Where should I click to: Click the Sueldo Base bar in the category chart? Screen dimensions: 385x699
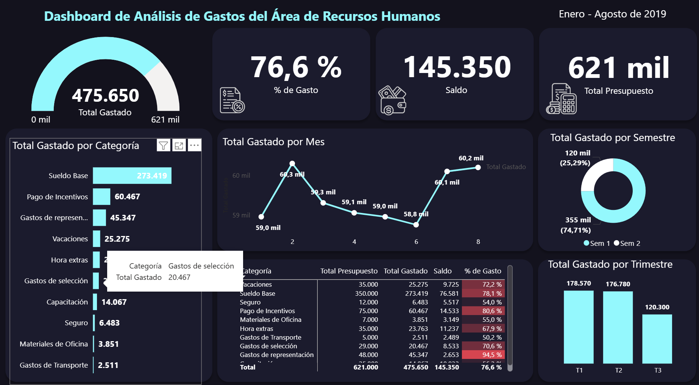[x=132, y=175]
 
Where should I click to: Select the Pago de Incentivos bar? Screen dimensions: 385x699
[x=101, y=197]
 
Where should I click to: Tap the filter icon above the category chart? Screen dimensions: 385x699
[x=163, y=146]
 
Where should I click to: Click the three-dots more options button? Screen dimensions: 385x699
[x=194, y=145]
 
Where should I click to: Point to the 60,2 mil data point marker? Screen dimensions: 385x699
[x=478, y=167]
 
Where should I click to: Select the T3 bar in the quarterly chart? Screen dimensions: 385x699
[x=657, y=338]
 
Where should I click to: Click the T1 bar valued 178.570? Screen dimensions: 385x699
[x=579, y=327]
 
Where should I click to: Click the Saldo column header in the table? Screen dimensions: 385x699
[x=442, y=271]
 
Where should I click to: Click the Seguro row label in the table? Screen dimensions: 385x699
[x=250, y=302]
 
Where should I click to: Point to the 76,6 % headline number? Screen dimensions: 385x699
[x=296, y=67]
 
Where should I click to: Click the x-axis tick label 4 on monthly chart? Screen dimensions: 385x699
[x=354, y=242]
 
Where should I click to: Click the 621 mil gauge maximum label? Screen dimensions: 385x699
[x=165, y=120]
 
